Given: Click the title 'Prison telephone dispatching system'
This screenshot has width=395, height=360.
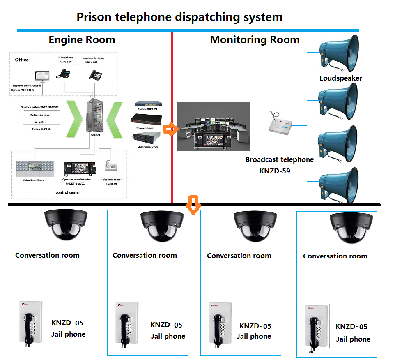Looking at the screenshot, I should coord(179,17).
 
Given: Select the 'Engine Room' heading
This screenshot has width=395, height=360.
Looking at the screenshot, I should coord(82,40).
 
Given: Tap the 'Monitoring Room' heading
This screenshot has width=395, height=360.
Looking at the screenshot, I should coord(255,40).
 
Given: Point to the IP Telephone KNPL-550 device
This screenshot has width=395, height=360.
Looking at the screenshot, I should coord(65,73).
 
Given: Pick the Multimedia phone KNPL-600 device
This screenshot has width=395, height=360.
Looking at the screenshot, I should coord(95,74).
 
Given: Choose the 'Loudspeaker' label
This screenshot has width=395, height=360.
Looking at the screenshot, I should coord(341,78).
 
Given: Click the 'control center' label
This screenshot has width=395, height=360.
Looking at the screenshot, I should coord(68,192).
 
